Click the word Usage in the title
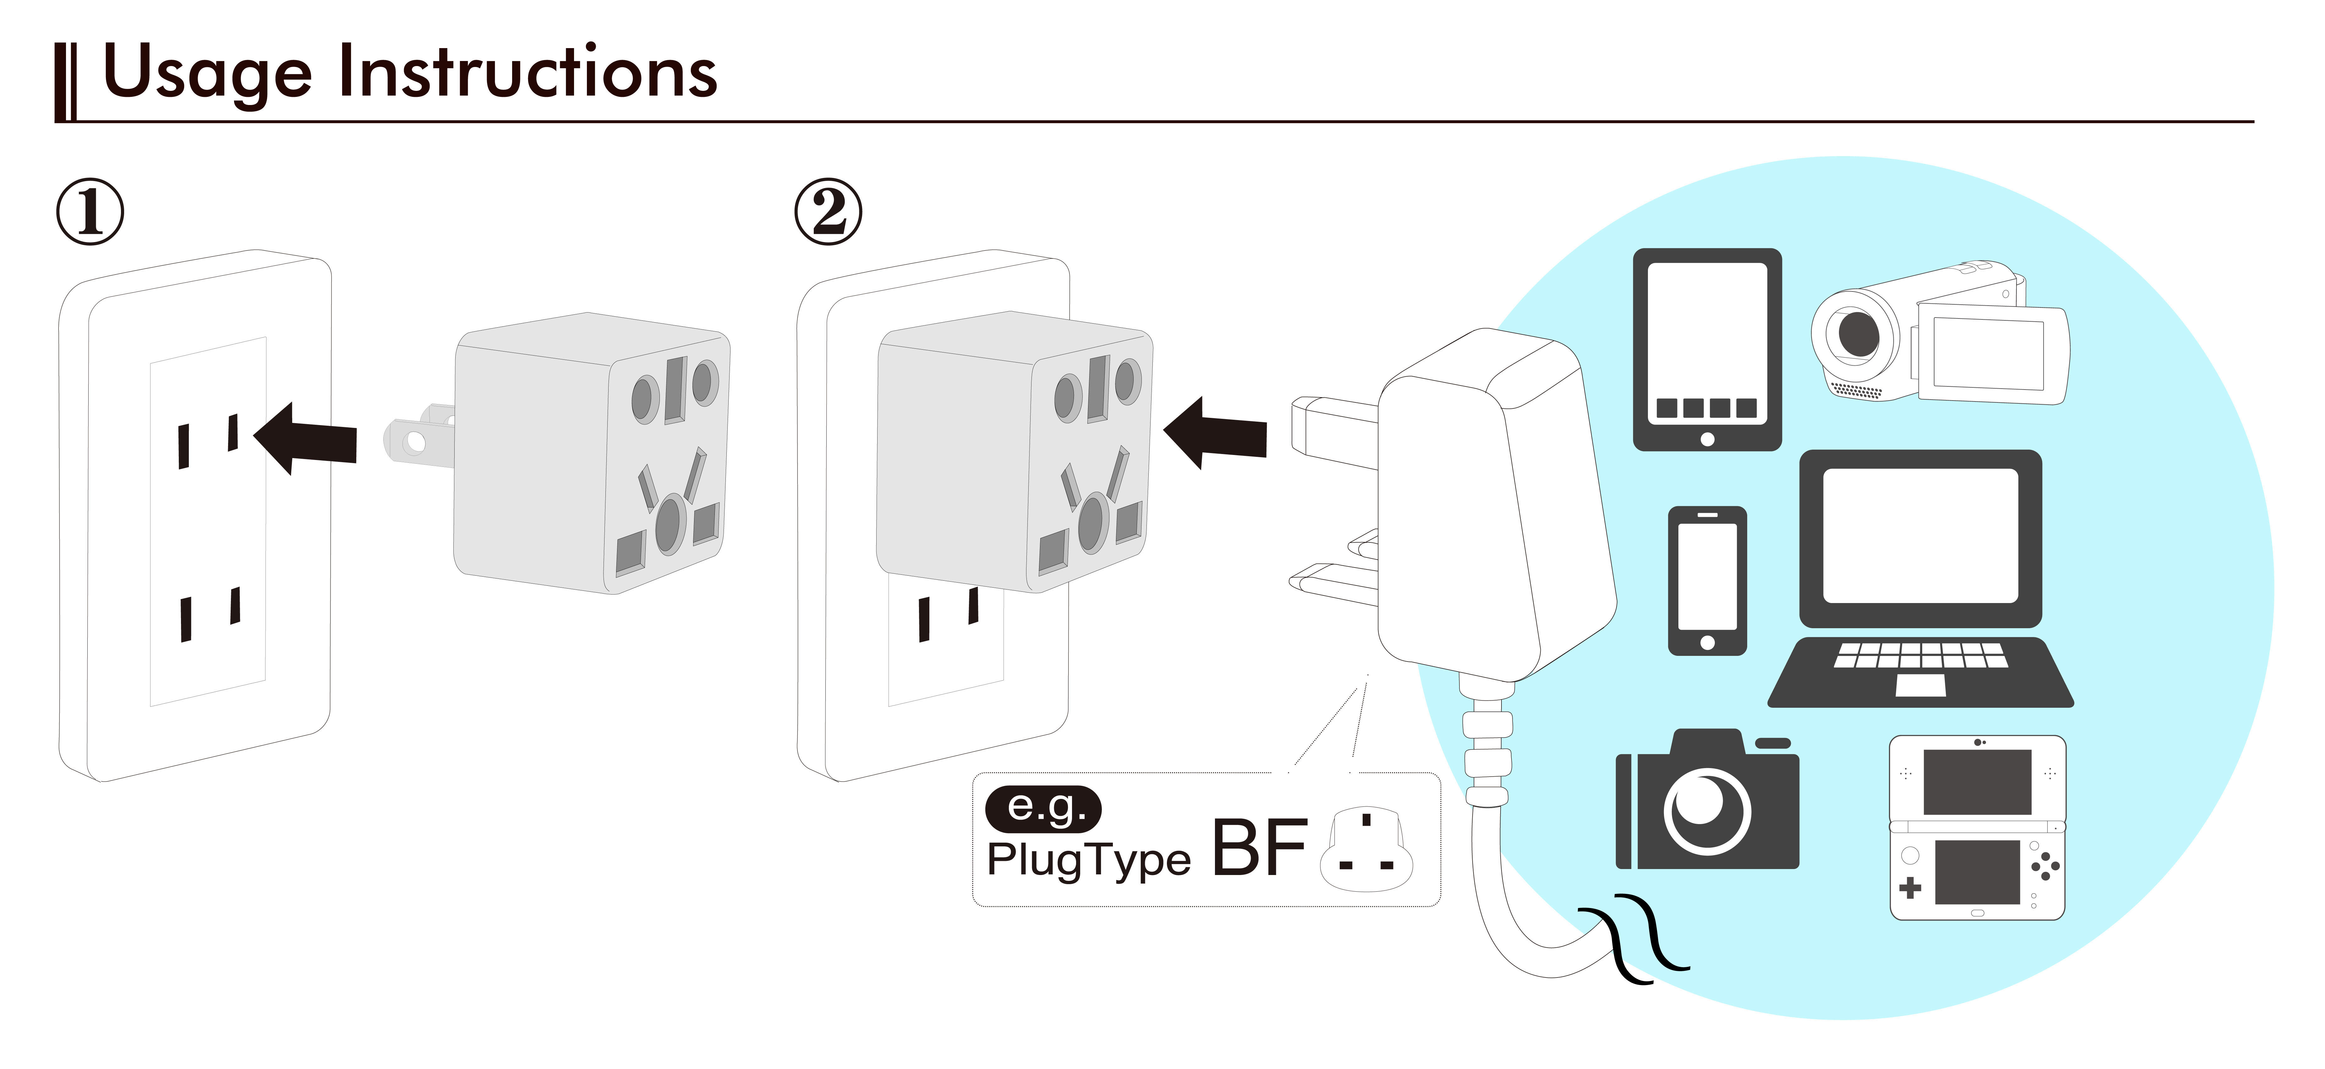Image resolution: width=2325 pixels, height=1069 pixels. (x=208, y=74)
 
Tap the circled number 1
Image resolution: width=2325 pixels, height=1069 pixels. (x=90, y=212)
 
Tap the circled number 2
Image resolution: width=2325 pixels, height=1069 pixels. (x=828, y=212)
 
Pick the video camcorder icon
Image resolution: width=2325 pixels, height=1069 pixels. (x=1940, y=334)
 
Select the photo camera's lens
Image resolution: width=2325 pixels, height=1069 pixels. (x=1707, y=810)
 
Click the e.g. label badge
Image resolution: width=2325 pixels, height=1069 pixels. (x=1043, y=807)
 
